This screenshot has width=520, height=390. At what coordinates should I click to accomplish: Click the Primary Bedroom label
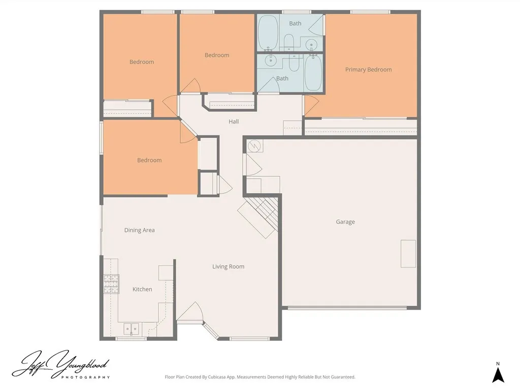tap(368, 70)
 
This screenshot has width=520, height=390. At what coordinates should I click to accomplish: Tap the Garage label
tap(345, 222)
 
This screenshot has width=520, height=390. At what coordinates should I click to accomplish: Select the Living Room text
tap(228, 267)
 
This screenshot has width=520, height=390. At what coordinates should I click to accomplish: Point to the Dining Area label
tap(140, 230)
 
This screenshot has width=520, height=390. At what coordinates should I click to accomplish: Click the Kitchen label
tap(142, 289)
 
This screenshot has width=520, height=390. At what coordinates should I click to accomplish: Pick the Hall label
tap(234, 122)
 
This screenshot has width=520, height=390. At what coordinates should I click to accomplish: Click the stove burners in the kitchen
tap(111, 284)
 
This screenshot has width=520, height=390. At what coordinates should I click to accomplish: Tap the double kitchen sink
tap(132, 329)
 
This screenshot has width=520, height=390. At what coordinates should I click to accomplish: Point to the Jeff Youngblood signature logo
tap(60, 364)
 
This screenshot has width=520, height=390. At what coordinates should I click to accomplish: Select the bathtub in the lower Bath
tap(313, 73)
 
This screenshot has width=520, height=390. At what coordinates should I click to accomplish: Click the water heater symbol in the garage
tap(254, 146)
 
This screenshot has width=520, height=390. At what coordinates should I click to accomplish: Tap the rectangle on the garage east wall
tap(408, 253)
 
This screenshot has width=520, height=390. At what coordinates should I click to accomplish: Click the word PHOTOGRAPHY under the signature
tap(85, 377)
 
